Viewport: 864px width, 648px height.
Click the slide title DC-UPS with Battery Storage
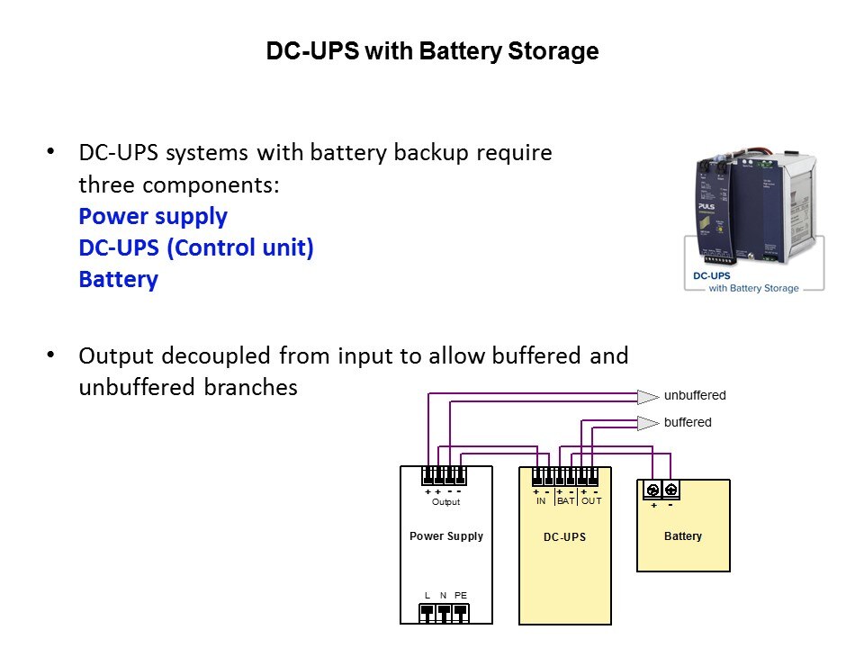[x=432, y=52]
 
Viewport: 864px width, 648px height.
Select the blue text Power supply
[x=153, y=217]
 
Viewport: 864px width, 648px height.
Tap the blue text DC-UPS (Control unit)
[x=196, y=248]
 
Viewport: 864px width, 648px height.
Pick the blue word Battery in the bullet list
[x=118, y=279]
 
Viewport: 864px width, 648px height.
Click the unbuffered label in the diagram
[x=695, y=395]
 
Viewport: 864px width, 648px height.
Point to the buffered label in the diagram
[x=688, y=422]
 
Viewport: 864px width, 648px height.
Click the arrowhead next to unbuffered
[x=648, y=396]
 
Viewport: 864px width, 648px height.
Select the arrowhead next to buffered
[x=648, y=423]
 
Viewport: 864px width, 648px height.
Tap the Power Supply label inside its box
[x=446, y=536]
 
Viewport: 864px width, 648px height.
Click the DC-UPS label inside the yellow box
[x=564, y=537]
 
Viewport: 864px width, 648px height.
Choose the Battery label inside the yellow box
[x=682, y=536]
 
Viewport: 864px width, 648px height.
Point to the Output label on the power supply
[x=445, y=502]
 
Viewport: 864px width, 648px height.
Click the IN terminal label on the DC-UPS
[x=541, y=501]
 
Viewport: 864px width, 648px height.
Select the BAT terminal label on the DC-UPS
[x=565, y=501]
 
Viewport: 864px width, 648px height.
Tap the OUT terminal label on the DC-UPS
[x=590, y=501]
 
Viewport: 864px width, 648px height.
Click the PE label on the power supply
[x=461, y=596]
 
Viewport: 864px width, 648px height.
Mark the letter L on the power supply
[x=428, y=596]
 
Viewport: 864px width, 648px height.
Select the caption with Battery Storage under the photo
[x=753, y=288]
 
